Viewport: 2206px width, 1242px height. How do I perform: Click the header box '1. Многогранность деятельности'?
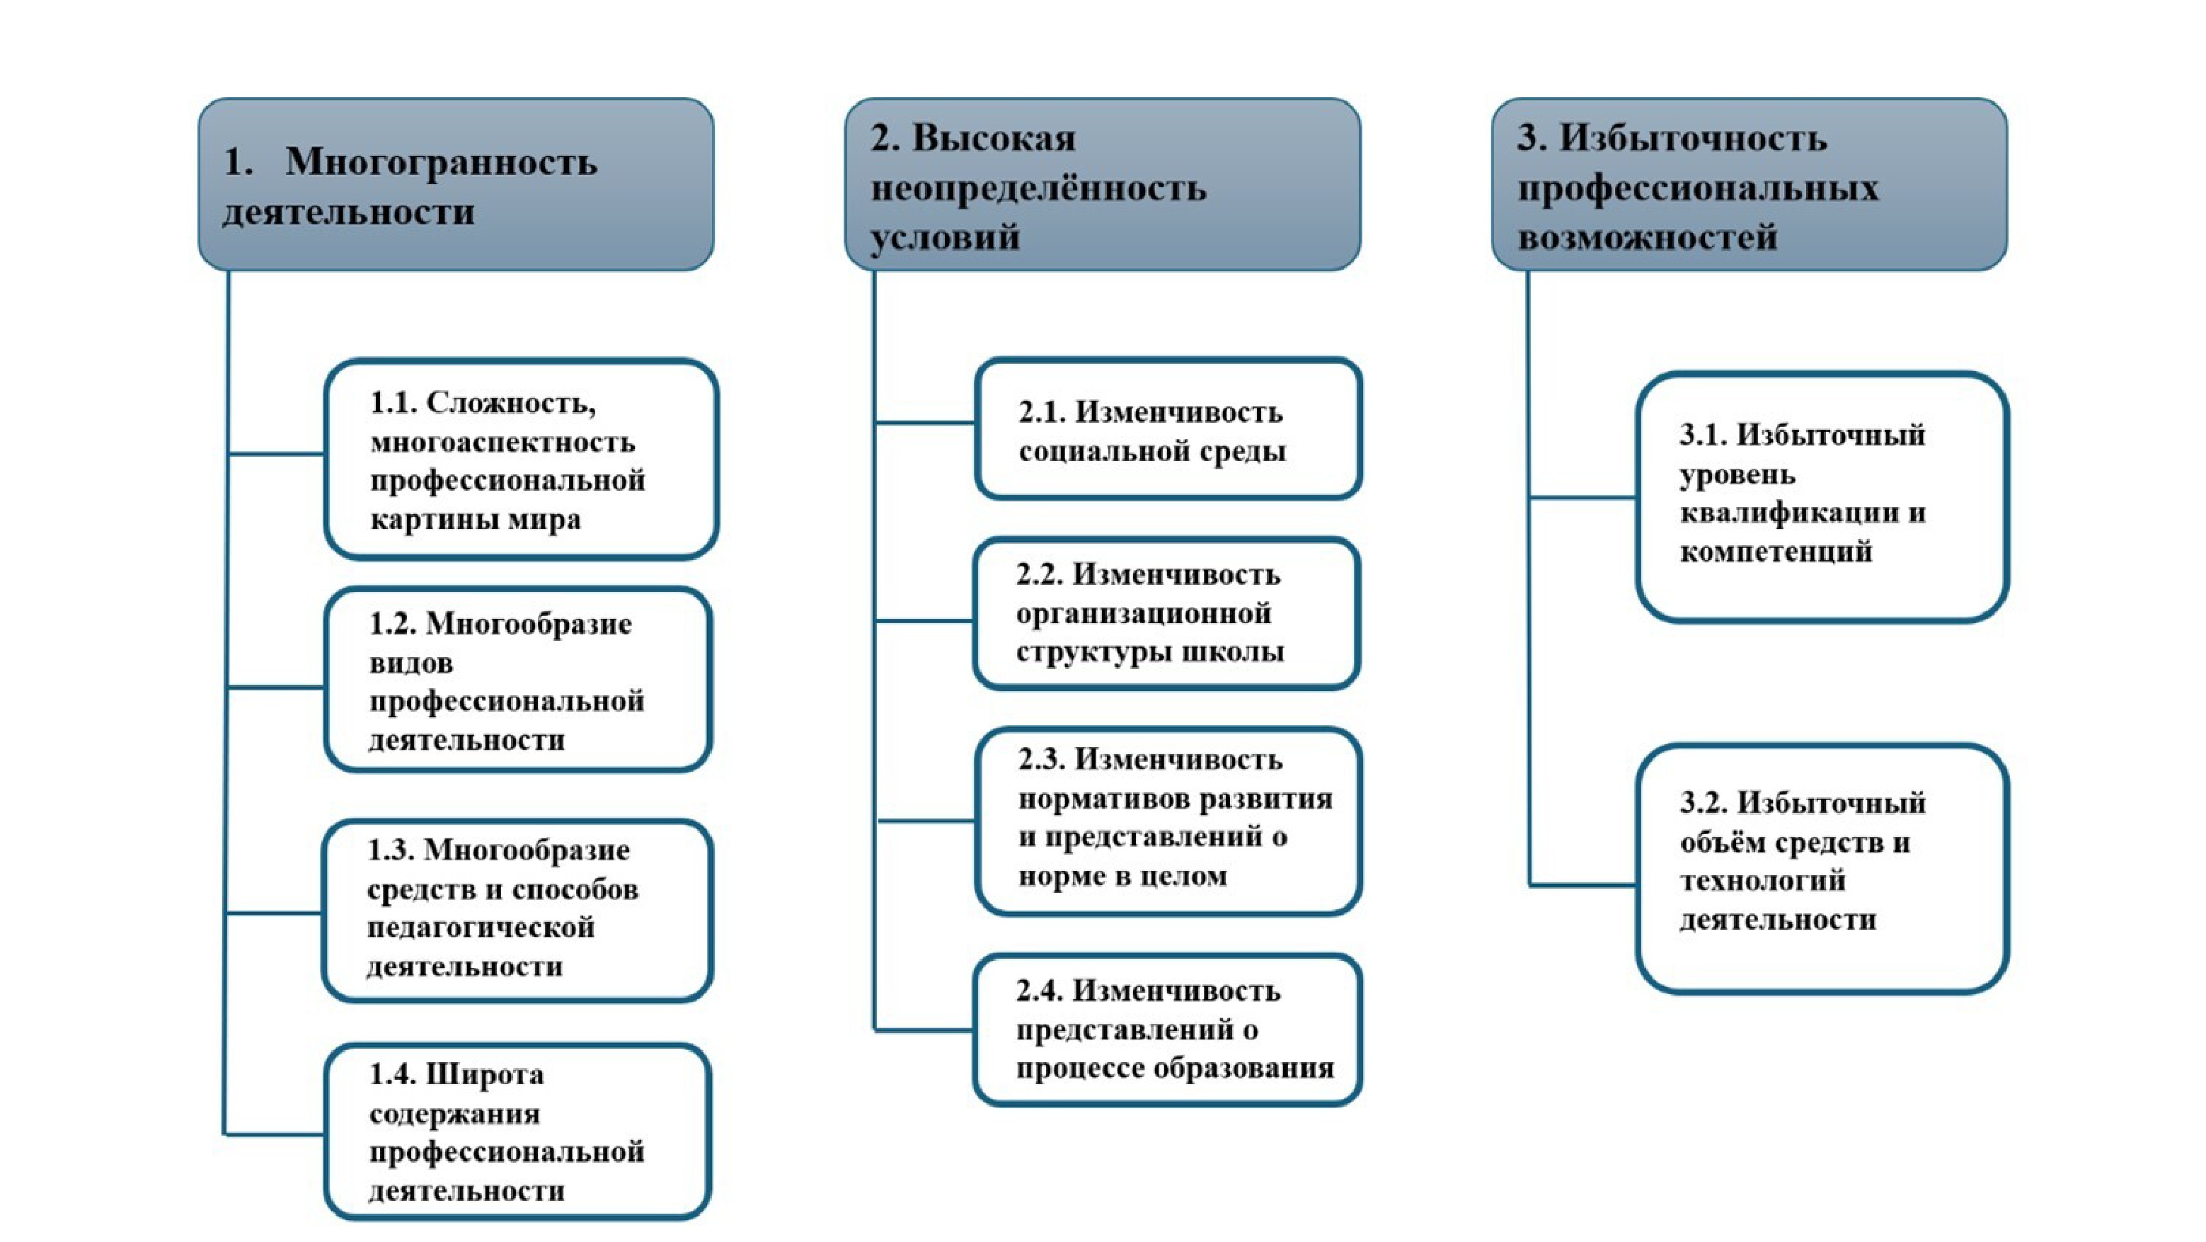[456, 184]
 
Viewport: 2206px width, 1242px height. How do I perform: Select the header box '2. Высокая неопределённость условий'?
[1102, 184]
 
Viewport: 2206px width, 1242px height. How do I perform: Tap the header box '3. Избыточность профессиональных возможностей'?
[1749, 184]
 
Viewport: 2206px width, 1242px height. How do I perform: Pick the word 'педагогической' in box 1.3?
[481, 928]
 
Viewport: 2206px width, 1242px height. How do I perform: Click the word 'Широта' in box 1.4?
[485, 1074]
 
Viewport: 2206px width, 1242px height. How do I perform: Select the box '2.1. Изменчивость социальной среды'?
[1168, 429]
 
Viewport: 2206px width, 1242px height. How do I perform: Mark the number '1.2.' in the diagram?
[391, 625]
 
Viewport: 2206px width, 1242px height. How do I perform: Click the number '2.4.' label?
[1039, 991]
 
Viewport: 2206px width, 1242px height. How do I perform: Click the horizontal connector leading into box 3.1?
[1582, 497]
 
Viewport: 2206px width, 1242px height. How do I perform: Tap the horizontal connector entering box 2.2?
[923, 620]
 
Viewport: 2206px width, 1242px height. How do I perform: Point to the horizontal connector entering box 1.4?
[274, 1134]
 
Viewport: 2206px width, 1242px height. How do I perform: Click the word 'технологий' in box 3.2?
[1762, 882]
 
